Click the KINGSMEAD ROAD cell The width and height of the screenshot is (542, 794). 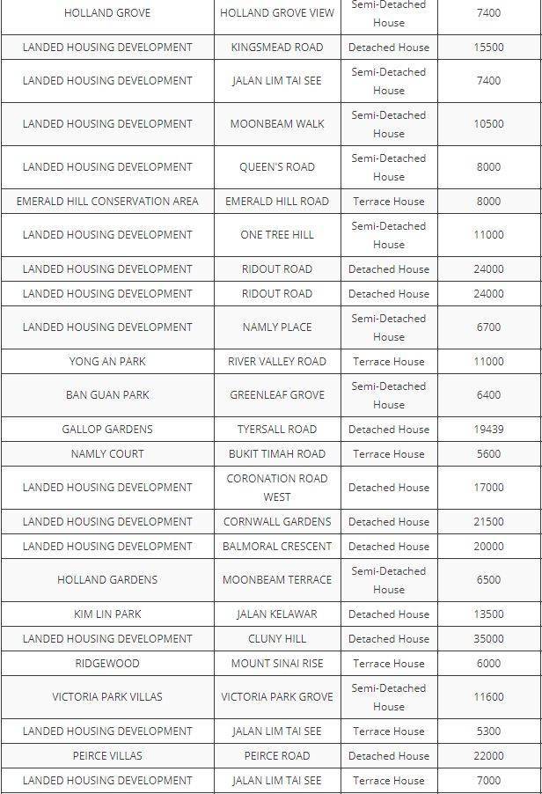pyautogui.click(x=277, y=47)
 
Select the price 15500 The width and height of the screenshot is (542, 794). pyautogui.click(x=488, y=47)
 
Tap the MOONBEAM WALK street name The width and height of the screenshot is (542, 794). pyautogui.click(x=277, y=124)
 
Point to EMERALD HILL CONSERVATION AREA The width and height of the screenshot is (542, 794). pyautogui.click(x=107, y=201)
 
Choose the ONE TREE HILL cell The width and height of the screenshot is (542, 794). pyautogui.click(x=277, y=235)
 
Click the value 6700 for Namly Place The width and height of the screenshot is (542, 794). pyautogui.click(x=488, y=327)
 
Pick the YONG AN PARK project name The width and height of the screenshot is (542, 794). pyautogui.click(x=107, y=361)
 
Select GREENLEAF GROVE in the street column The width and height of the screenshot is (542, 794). pyautogui.click(x=277, y=395)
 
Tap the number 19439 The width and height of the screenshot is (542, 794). pyautogui.click(x=488, y=429)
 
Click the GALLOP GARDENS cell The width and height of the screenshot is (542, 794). pyautogui.click(x=107, y=429)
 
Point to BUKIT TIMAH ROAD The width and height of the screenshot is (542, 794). pyautogui.click(x=277, y=453)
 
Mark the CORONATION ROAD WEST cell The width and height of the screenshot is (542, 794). pyautogui.click(x=277, y=488)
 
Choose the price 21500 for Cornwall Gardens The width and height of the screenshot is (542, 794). pyautogui.click(x=488, y=521)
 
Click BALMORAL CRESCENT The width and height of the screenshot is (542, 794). pyautogui.click(x=277, y=546)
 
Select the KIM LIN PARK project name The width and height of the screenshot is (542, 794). pyautogui.click(x=107, y=614)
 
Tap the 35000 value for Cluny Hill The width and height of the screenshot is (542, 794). pyautogui.click(x=488, y=638)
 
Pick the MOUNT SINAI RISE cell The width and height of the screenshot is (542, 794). pyautogui.click(x=277, y=663)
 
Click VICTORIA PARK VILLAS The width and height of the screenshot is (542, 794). pyautogui.click(x=107, y=697)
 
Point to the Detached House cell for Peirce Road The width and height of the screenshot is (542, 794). pyautogui.click(x=389, y=755)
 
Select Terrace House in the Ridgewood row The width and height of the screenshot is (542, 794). pyautogui.click(x=389, y=663)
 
